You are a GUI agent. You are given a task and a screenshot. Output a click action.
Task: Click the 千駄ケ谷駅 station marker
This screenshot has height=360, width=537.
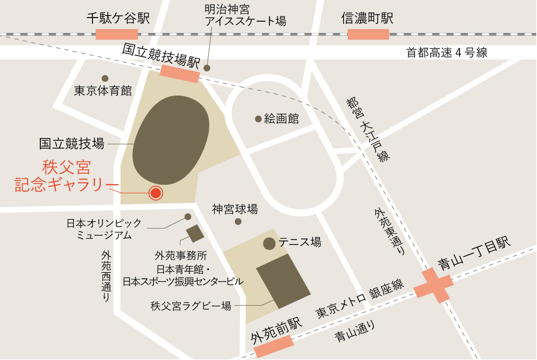click(x=117, y=35)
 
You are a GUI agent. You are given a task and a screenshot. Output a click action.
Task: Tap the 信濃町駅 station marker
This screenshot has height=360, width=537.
click(x=368, y=35)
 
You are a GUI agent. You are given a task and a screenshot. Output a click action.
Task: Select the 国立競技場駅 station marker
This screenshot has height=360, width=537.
click(x=180, y=74)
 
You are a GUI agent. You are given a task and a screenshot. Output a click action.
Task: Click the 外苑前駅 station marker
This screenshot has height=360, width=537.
click(x=274, y=346)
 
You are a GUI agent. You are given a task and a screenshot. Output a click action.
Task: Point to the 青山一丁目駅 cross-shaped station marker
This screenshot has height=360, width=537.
click(x=433, y=286)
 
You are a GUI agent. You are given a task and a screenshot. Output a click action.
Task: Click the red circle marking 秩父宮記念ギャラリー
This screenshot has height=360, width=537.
click(x=155, y=193)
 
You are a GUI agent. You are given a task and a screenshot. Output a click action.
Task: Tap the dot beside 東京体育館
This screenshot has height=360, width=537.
click(x=105, y=79)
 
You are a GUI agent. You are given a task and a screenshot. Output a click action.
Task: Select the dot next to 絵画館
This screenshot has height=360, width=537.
click(x=258, y=118)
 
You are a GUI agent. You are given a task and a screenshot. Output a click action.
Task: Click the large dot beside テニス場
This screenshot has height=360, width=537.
click(x=269, y=244)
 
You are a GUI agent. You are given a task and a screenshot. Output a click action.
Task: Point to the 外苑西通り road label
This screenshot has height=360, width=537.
click(x=106, y=276)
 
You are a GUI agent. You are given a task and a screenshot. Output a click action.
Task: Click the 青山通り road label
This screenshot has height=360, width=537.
click(x=355, y=333)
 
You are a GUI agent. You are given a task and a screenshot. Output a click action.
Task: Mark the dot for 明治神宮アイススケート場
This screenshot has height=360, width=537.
click(x=207, y=68)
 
